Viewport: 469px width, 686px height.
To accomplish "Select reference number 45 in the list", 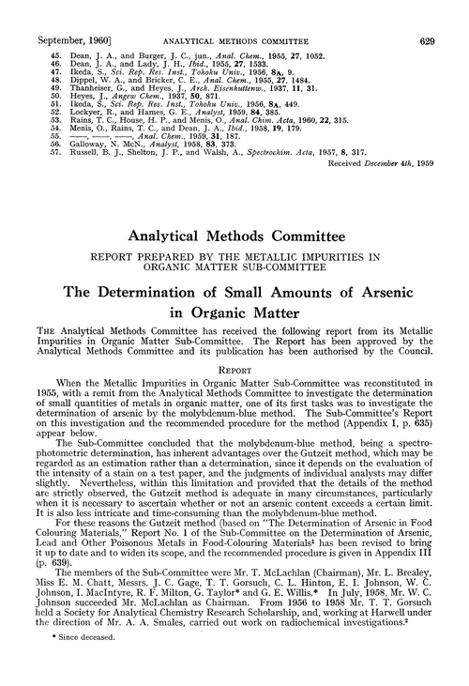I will [39, 28].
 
